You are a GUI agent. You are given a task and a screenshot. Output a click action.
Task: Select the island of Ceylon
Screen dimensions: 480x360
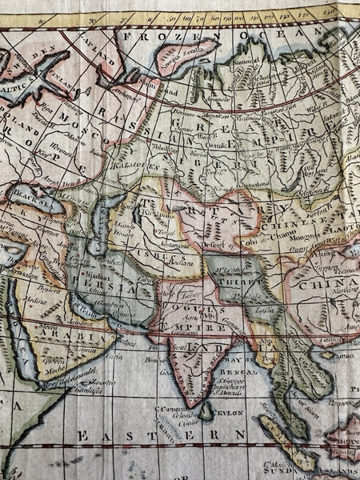[206, 410]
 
